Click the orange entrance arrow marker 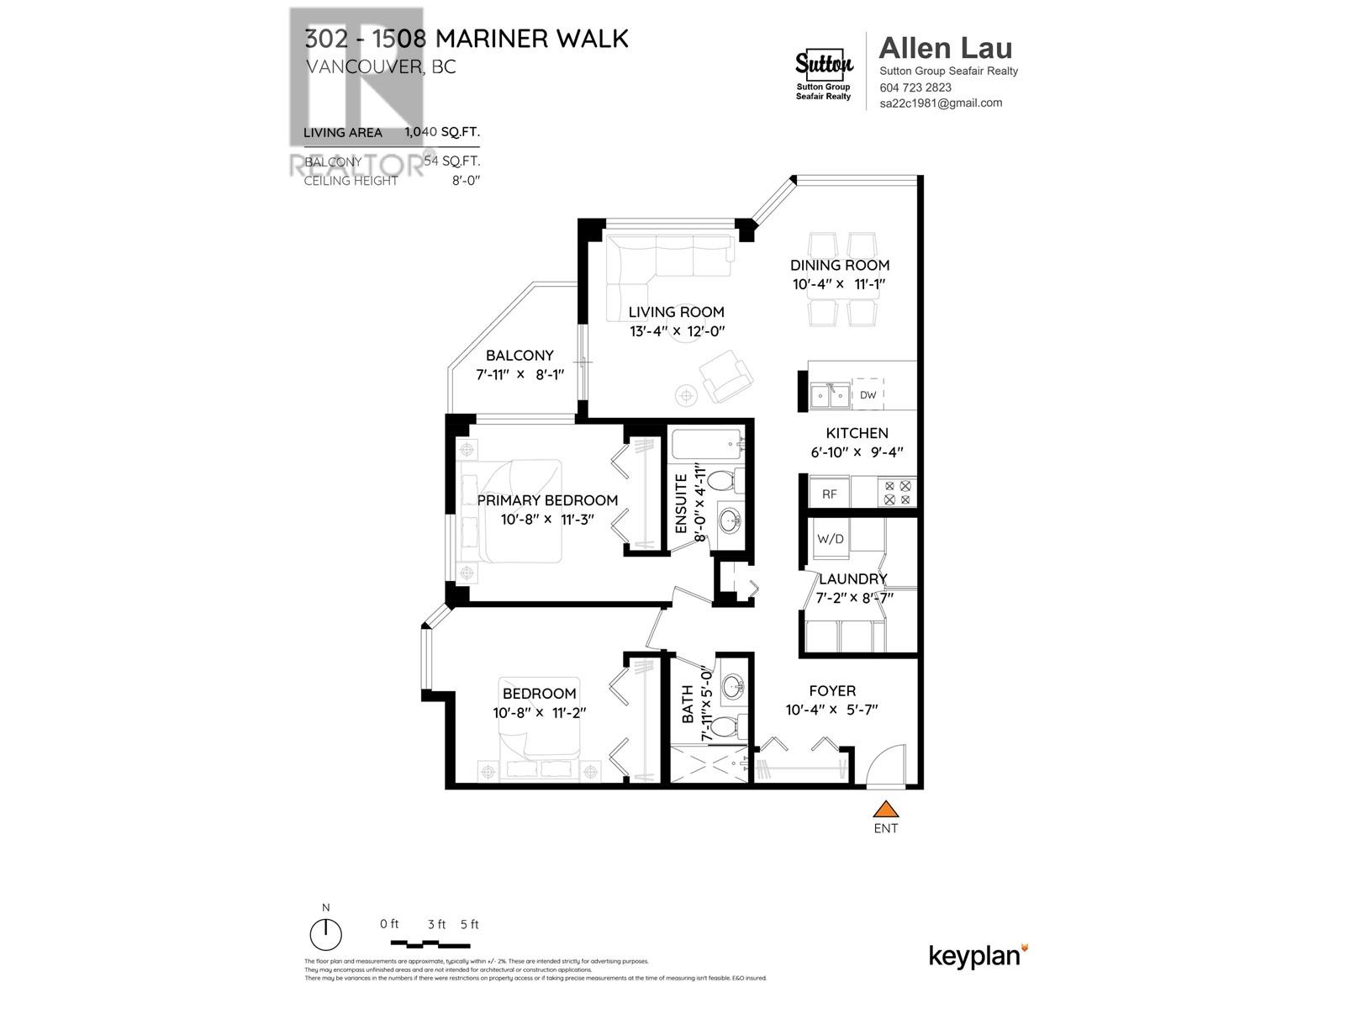coord(885,810)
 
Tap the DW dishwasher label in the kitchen coord(868,395)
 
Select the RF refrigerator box coord(830,494)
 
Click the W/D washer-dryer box coord(831,539)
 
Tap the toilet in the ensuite coord(721,482)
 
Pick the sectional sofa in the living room coord(664,256)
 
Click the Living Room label coord(676,312)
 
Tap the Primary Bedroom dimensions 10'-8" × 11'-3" coord(547,519)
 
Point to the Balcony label coord(520,356)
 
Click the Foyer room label coord(832,691)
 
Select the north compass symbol coord(326,932)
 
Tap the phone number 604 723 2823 coord(915,87)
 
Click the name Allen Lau coord(945,48)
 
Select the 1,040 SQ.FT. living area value coord(442,132)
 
